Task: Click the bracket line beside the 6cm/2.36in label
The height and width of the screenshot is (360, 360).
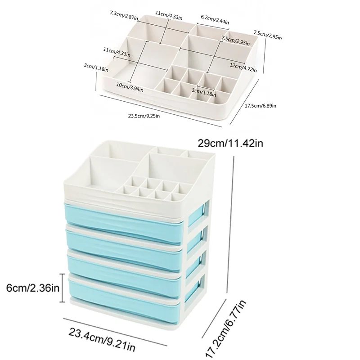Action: [63, 287]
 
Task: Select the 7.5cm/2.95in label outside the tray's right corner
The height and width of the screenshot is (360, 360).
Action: [268, 35]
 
